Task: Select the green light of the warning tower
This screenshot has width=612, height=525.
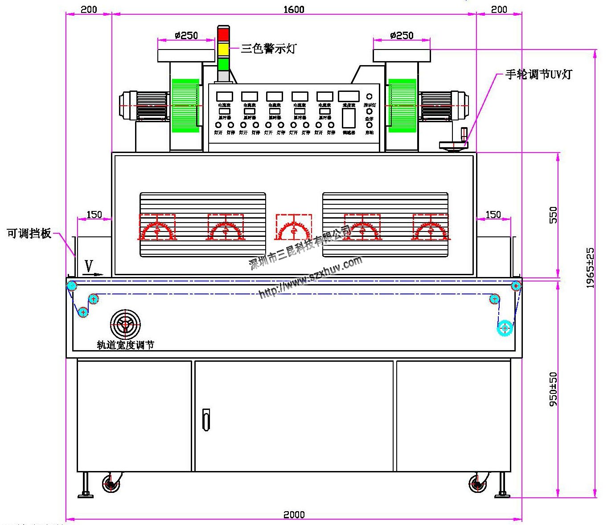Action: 223,63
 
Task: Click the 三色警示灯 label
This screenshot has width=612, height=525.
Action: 268,48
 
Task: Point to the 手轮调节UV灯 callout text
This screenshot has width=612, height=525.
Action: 538,74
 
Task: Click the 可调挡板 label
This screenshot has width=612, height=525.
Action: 29,233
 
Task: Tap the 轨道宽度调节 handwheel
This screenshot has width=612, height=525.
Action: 125,324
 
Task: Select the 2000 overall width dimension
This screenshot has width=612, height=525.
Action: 294,514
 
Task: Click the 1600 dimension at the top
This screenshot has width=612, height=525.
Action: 294,9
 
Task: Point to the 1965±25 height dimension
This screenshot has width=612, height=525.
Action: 590,268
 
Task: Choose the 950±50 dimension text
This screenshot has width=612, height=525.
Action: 553,389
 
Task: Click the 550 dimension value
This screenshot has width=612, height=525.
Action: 553,215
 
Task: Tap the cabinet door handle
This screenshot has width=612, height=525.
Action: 206,419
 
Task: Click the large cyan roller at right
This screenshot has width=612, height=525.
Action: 505,328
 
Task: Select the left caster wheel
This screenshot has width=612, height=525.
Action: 111,484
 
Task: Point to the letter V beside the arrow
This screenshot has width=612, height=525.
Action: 89,266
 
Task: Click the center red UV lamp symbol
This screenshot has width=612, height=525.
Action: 294,227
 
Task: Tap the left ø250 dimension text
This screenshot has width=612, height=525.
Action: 186,35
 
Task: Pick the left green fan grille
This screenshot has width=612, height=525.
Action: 185,106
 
